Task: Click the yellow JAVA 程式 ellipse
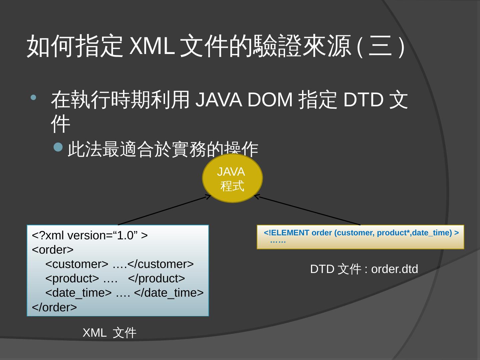[x=232, y=178]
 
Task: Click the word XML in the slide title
[x=152, y=45]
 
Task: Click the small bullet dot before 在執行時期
[x=34, y=98]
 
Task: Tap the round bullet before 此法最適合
[x=58, y=147]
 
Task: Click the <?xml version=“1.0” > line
[x=90, y=236]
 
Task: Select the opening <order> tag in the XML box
[x=53, y=250]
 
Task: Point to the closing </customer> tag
[x=160, y=264]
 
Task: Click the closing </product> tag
[x=156, y=278]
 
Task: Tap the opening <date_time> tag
[x=78, y=293]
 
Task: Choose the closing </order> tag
[x=54, y=307]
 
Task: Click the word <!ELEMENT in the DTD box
[x=286, y=233]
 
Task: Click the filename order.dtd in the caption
[x=394, y=269]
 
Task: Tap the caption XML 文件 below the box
[x=109, y=333]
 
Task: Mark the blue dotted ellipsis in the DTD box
[x=278, y=241]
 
